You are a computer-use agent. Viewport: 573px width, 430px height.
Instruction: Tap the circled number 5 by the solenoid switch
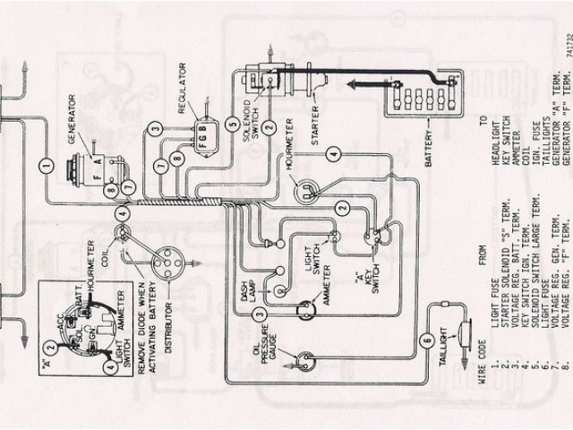pyautogui.click(x=232, y=125)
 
